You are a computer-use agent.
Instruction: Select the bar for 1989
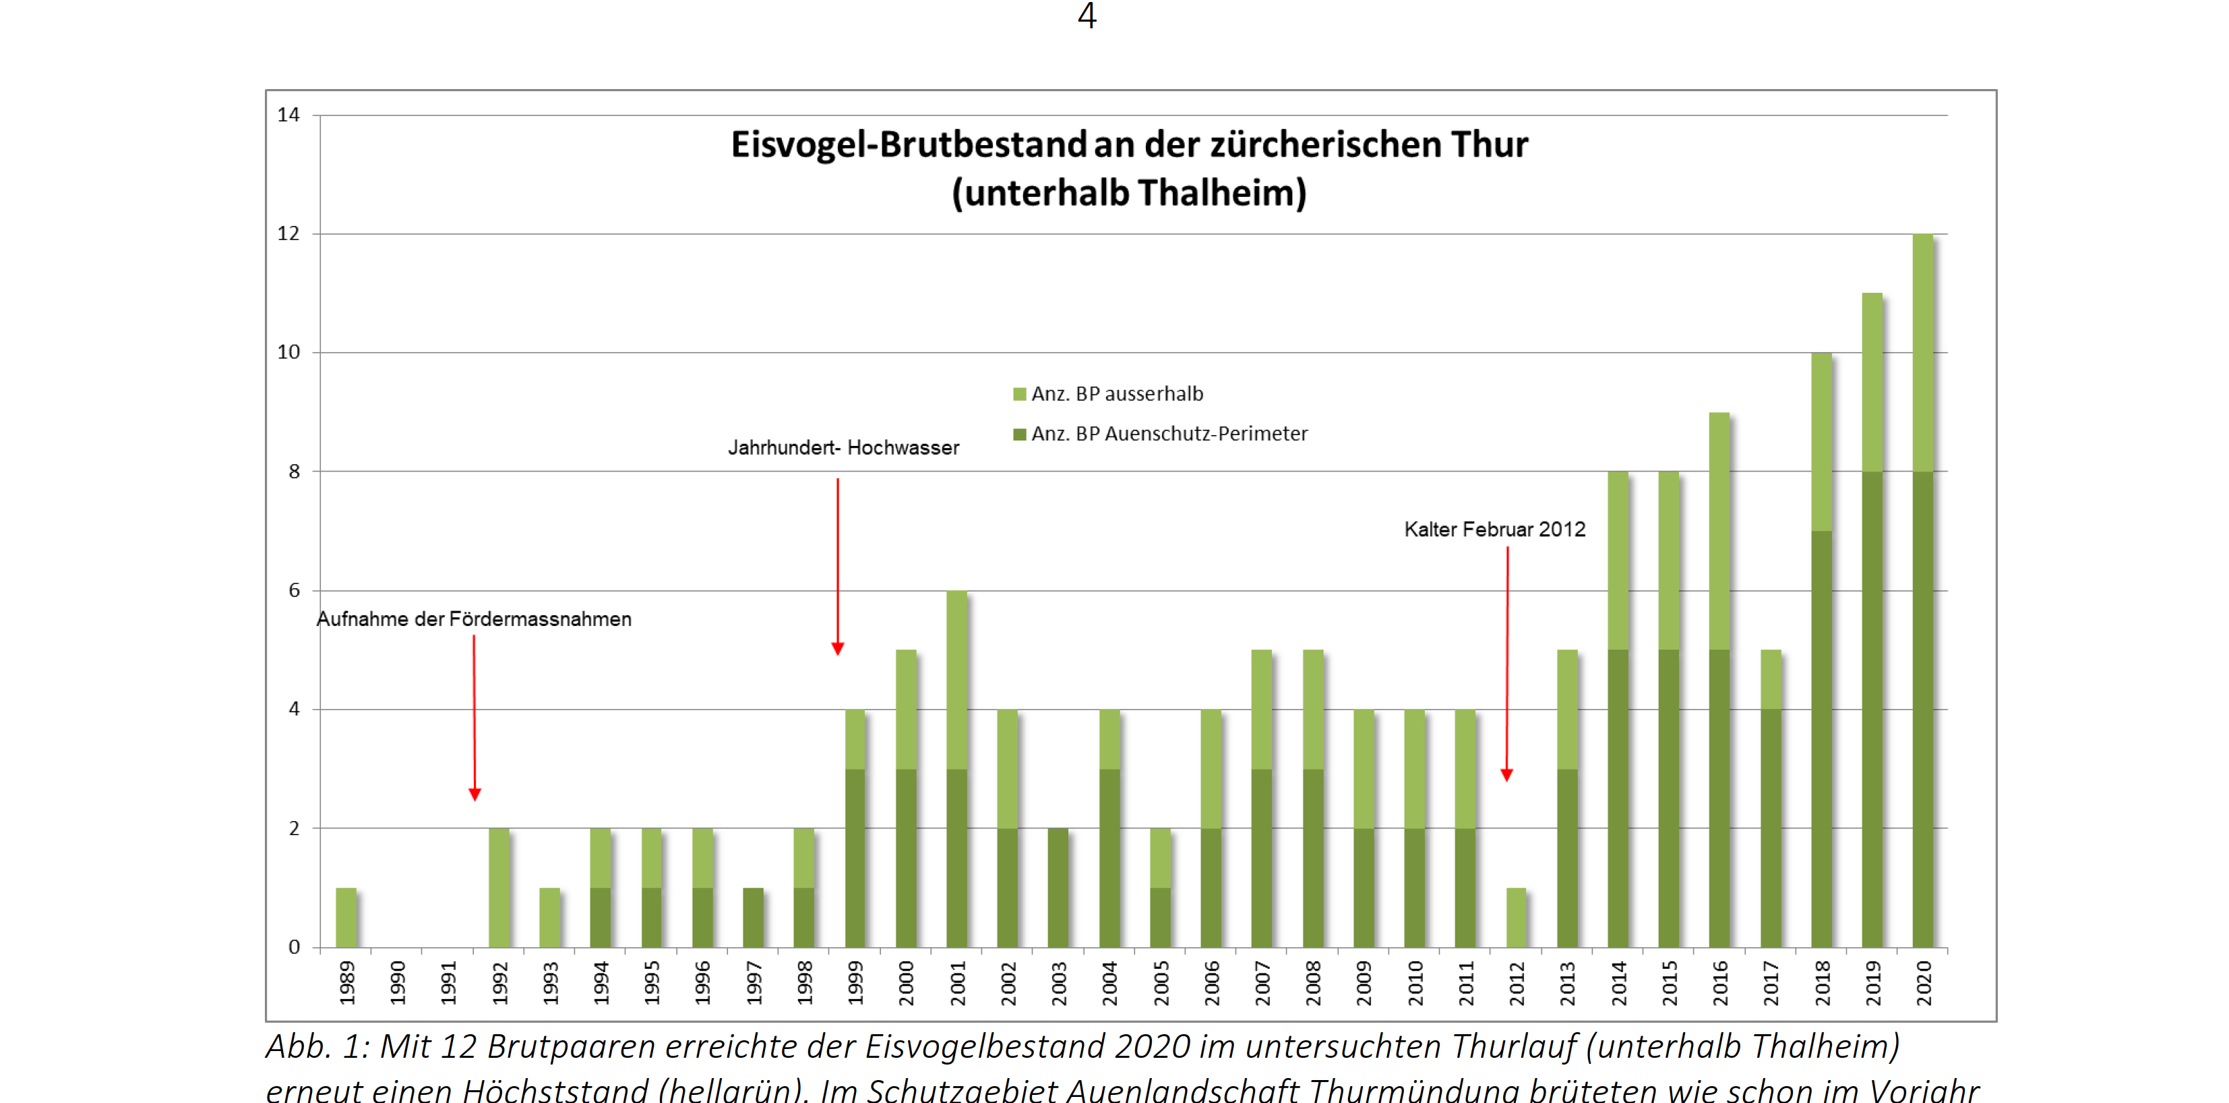346,917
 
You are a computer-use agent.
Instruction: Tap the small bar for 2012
1516,917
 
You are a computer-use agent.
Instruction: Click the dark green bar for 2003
1058,887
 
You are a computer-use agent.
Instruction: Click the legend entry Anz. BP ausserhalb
1116,395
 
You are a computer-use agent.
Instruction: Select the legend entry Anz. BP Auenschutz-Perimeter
1168,434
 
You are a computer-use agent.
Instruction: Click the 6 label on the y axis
294,590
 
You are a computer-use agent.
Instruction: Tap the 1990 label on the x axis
397,984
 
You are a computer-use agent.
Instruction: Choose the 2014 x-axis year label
1618,984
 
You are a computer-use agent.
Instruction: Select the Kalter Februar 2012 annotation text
1494,530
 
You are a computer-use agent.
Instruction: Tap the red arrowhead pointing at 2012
1506,775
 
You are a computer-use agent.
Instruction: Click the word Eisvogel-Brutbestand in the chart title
909,144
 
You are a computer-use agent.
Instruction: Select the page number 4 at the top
1087,16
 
